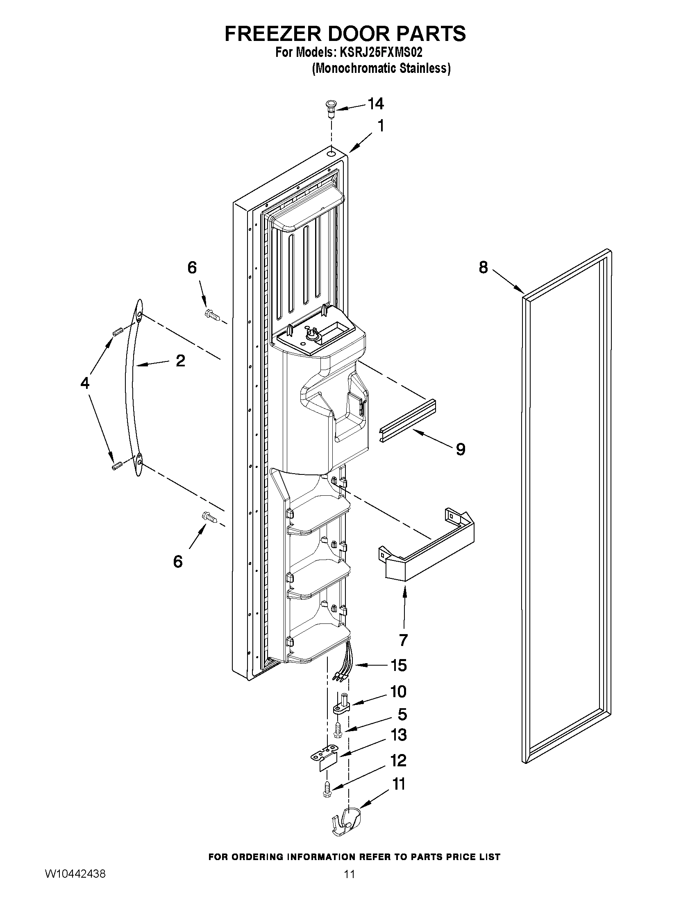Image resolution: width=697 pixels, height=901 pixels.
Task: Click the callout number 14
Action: (375, 104)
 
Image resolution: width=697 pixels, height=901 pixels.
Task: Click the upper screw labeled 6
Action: (212, 316)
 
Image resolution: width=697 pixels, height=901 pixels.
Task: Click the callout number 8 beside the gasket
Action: (483, 268)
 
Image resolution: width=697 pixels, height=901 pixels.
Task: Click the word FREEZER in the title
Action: (273, 34)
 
